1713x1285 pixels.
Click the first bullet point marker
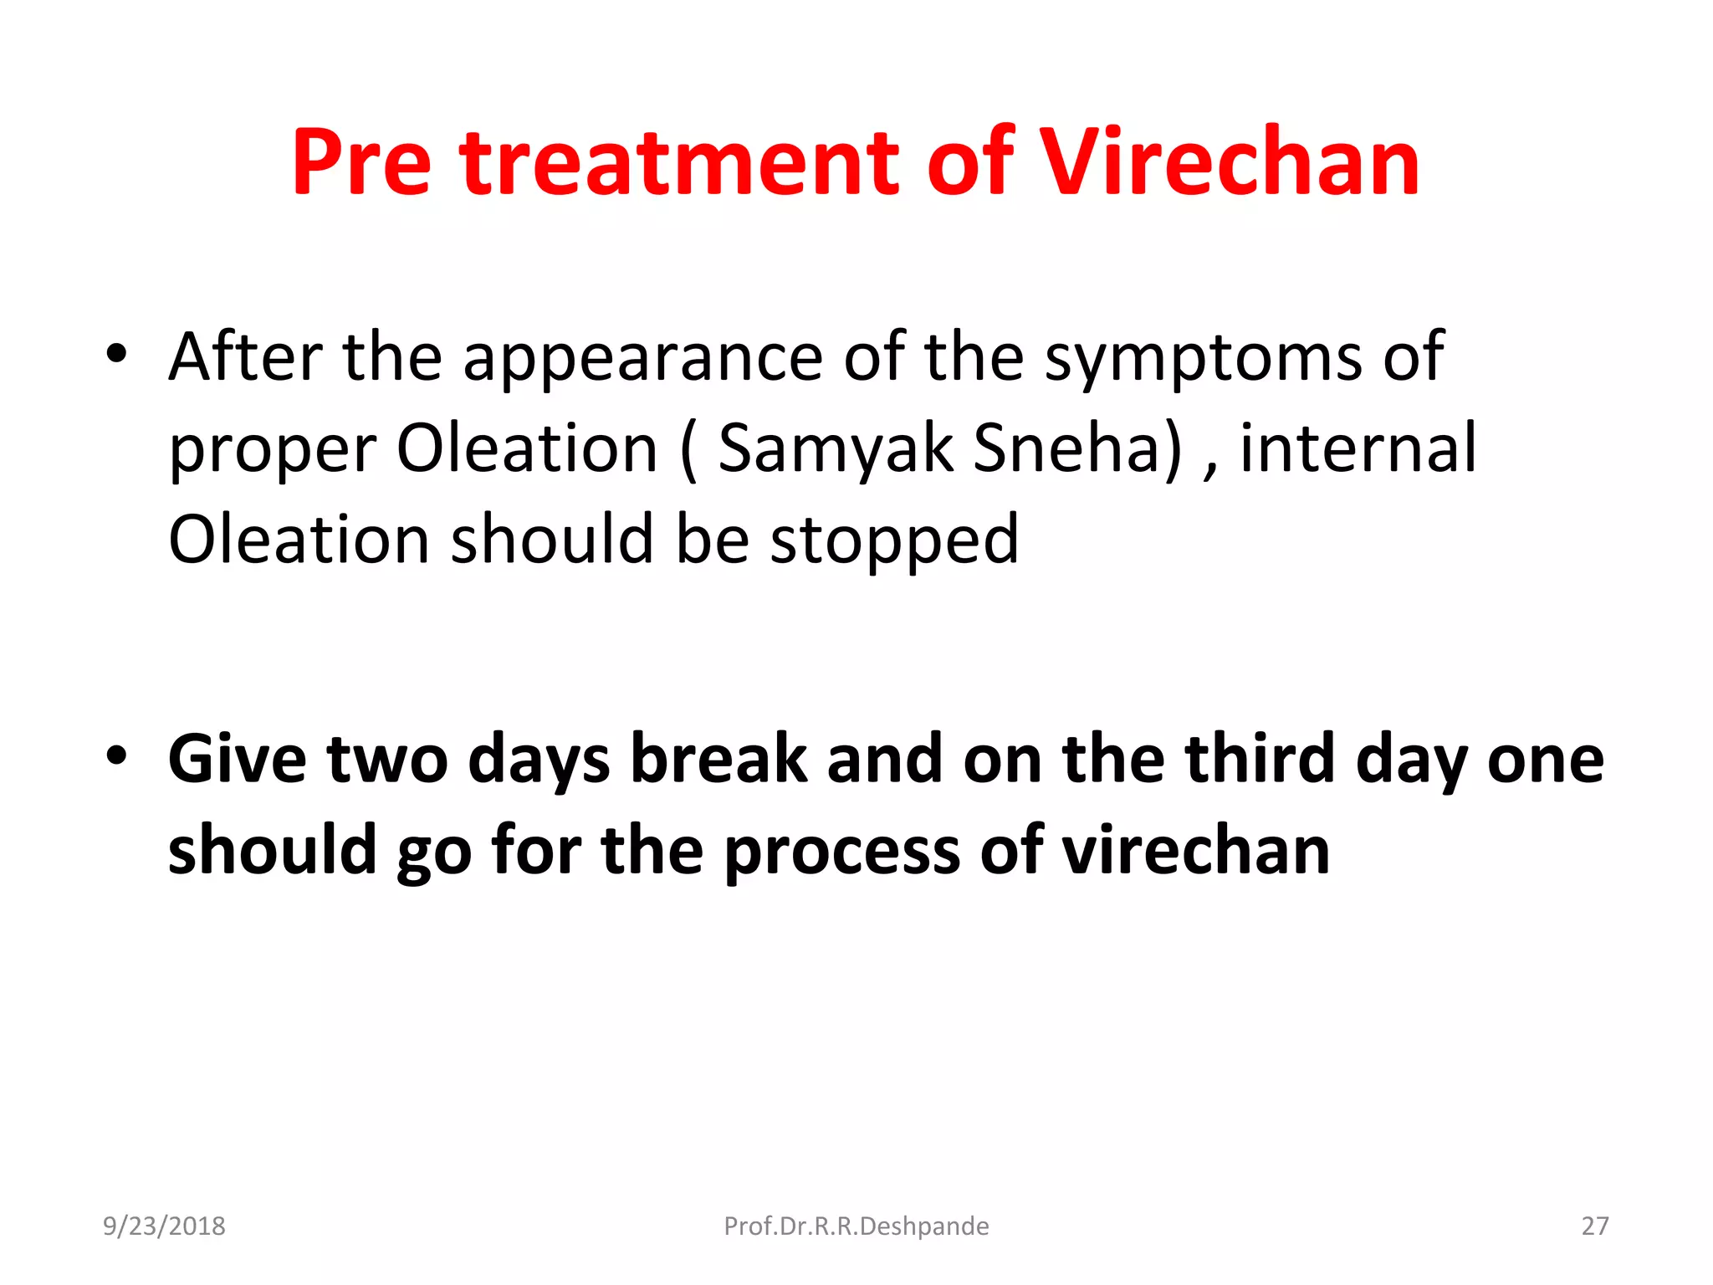point(116,354)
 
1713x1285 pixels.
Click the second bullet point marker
point(116,755)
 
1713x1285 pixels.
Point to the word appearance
point(642,358)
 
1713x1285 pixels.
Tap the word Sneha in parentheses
point(1077,449)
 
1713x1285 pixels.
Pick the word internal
point(1358,449)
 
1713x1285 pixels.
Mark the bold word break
point(718,760)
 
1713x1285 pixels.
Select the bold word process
point(841,852)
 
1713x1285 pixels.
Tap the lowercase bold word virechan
point(1196,852)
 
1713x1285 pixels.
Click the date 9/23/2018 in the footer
point(164,1226)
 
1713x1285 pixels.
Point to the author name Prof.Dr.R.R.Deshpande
point(856,1226)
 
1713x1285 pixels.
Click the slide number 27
point(1594,1226)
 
